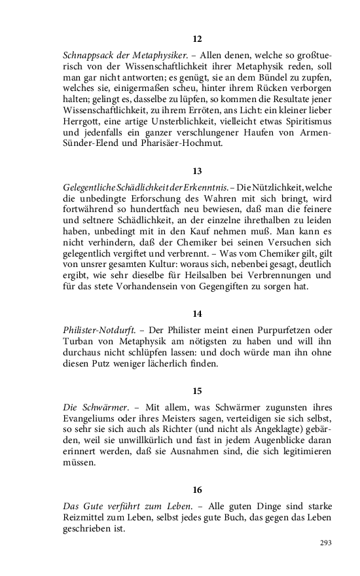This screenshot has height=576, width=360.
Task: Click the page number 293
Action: (x=325, y=543)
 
